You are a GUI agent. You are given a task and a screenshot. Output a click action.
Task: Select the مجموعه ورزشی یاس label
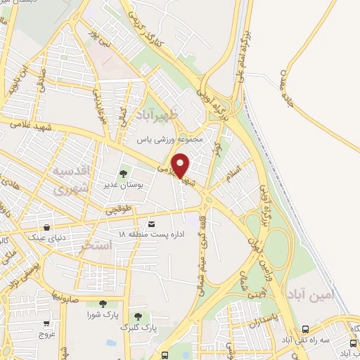171,139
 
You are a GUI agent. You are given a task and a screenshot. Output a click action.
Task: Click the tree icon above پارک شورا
103,304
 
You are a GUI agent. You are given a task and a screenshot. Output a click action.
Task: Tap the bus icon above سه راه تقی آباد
305,328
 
